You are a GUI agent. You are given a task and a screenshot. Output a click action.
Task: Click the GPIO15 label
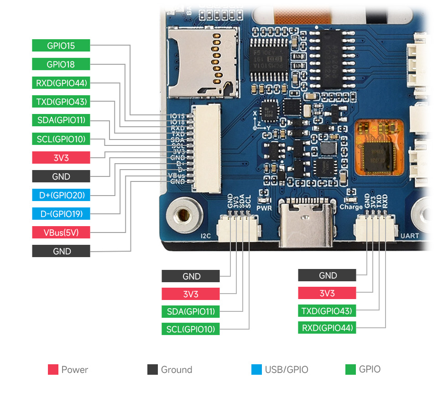pyautogui.click(x=61, y=46)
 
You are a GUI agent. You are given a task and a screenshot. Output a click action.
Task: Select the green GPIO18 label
pyautogui.click(x=61, y=64)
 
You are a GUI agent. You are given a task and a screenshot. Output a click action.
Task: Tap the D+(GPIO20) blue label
pyautogui.click(x=61, y=195)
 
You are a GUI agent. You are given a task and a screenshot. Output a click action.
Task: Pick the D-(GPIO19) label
pyautogui.click(x=61, y=214)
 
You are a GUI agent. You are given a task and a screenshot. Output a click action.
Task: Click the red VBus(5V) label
pyautogui.click(x=61, y=233)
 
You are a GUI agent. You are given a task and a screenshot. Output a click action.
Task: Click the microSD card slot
pyautogui.click(x=203, y=62)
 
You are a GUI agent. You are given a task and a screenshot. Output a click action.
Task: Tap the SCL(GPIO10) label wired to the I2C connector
pyautogui.click(x=190, y=329)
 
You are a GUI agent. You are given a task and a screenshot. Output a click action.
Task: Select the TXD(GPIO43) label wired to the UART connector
pyautogui.click(x=327, y=311)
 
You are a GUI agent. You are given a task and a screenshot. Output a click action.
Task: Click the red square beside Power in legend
pyautogui.click(x=53, y=369)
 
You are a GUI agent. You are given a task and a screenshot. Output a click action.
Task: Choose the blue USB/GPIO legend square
pyautogui.click(x=256, y=369)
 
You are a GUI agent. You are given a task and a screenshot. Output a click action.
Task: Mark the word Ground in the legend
pyautogui.click(x=176, y=370)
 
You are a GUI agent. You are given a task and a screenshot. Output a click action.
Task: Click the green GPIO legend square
pyautogui.click(x=350, y=369)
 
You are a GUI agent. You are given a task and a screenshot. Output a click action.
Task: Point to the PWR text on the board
pyautogui.click(x=264, y=208)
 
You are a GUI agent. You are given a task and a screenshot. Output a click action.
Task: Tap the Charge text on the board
pyautogui.click(x=351, y=207)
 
